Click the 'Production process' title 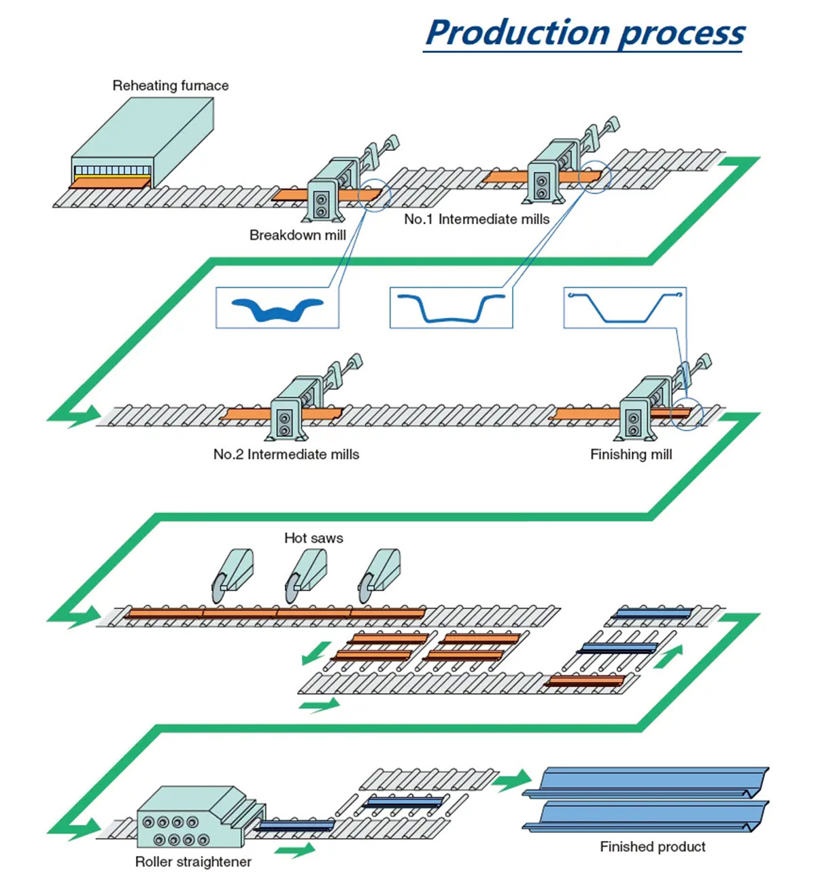point(585,33)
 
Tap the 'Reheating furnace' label point(170,86)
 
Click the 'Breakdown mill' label point(297,235)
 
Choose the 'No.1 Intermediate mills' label point(477,219)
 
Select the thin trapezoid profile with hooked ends point(625,306)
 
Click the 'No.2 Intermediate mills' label point(286,454)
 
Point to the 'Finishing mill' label point(631,454)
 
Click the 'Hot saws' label point(313,538)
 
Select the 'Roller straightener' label point(193,862)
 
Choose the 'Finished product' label point(652,846)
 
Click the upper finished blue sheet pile point(646,781)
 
